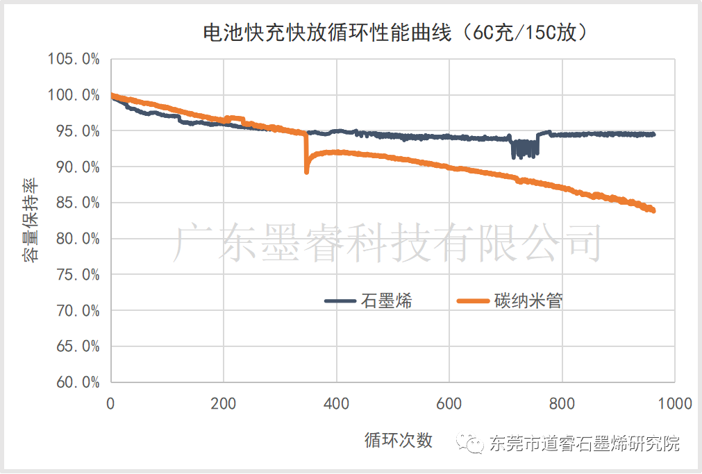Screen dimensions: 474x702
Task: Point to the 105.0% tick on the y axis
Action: [x=74, y=59]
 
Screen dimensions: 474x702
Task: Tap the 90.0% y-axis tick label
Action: [x=74, y=167]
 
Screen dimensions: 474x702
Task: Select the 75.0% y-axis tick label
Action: [x=74, y=274]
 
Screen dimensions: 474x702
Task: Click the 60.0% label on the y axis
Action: [x=74, y=382]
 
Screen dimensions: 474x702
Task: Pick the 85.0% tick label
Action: [x=74, y=203]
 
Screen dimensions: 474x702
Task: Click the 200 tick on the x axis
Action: [x=224, y=403]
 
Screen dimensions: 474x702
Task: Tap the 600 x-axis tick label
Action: [x=449, y=403]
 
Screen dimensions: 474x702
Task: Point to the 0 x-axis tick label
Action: [x=111, y=403]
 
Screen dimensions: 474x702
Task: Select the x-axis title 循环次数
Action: [x=399, y=440]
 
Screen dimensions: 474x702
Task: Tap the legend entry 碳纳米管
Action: [x=528, y=301]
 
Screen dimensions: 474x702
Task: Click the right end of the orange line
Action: [x=653, y=211]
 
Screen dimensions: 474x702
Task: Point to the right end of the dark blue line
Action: [x=653, y=135]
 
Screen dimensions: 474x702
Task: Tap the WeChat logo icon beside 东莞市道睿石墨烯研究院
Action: [x=475, y=443]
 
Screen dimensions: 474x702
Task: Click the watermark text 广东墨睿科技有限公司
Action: [x=386, y=244]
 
